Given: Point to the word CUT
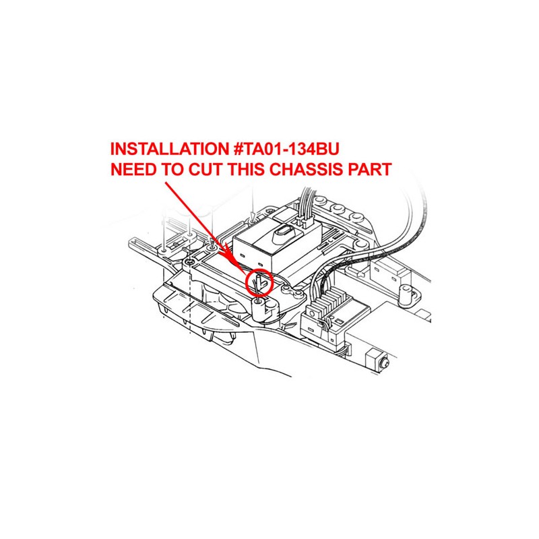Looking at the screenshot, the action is [x=205, y=170].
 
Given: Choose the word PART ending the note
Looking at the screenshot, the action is [x=369, y=170].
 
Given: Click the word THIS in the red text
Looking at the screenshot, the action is [x=245, y=170].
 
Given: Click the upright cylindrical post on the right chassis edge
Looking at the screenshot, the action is [x=407, y=294].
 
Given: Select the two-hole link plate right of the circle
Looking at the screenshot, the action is [x=293, y=293].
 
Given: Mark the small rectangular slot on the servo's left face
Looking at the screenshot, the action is [x=243, y=255].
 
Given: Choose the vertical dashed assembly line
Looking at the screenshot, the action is [x=190, y=299].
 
